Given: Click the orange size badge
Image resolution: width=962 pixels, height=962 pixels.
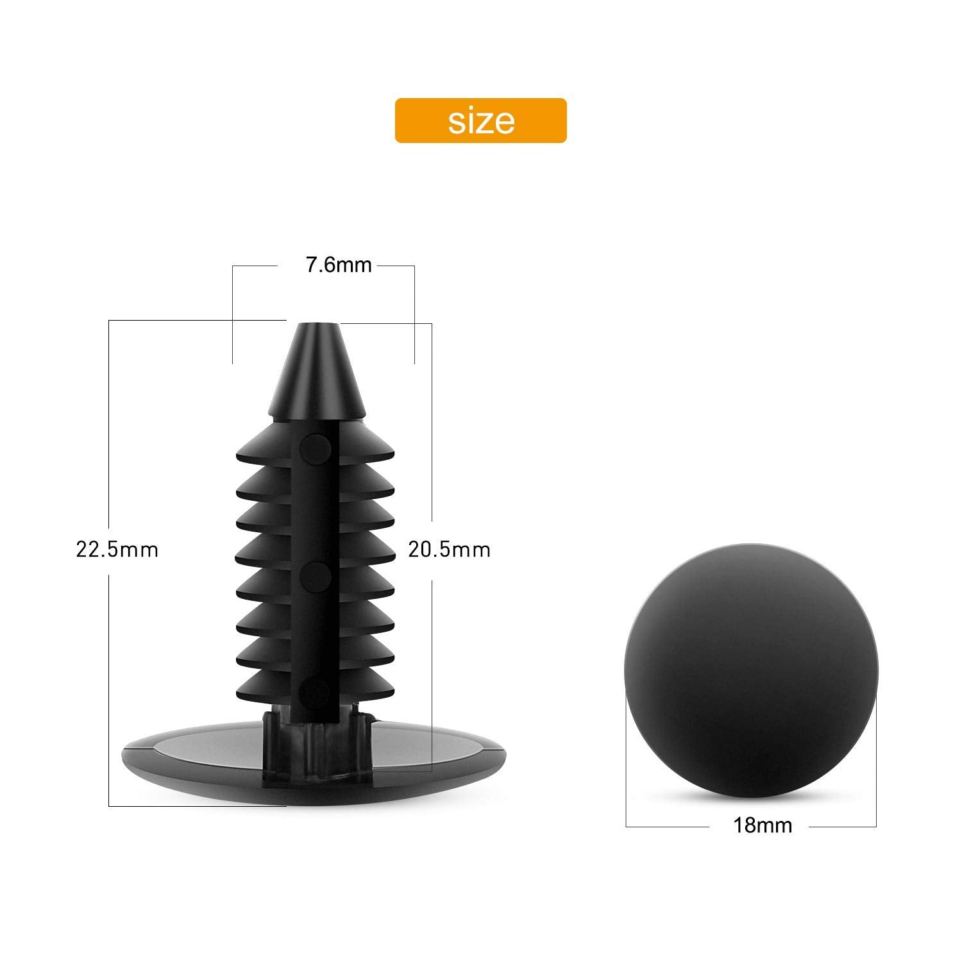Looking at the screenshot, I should (x=480, y=120).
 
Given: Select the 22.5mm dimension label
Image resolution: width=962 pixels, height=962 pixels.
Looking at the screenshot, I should (x=117, y=550).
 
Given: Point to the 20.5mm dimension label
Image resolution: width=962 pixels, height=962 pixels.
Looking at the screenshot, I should (x=449, y=550).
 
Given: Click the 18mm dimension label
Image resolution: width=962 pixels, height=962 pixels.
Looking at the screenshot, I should (x=763, y=825).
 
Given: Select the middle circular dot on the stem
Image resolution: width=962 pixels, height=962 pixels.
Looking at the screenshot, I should (x=315, y=577).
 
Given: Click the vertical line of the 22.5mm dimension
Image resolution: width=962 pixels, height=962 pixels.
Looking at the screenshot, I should (x=110, y=449).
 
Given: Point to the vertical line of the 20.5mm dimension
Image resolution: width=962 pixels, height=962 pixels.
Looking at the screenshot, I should (x=432, y=641).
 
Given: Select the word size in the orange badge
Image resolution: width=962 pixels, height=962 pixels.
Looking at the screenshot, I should (x=481, y=120).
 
